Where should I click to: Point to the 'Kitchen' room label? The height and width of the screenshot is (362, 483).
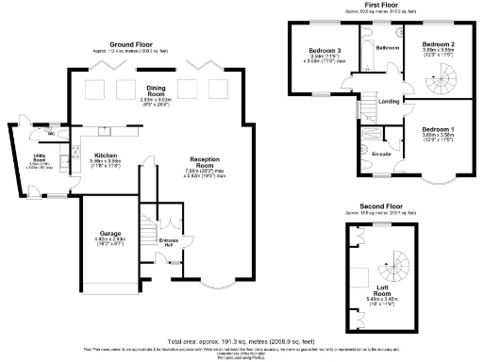[x=105, y=155]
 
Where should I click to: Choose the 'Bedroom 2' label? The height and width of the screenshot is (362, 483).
[x=438, y=44]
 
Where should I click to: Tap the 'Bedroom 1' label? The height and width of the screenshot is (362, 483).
[x=438, y=129]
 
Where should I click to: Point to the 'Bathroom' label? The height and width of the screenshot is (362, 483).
[x=388, y=47]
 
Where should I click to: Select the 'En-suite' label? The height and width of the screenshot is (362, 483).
[x=383, y=152]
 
